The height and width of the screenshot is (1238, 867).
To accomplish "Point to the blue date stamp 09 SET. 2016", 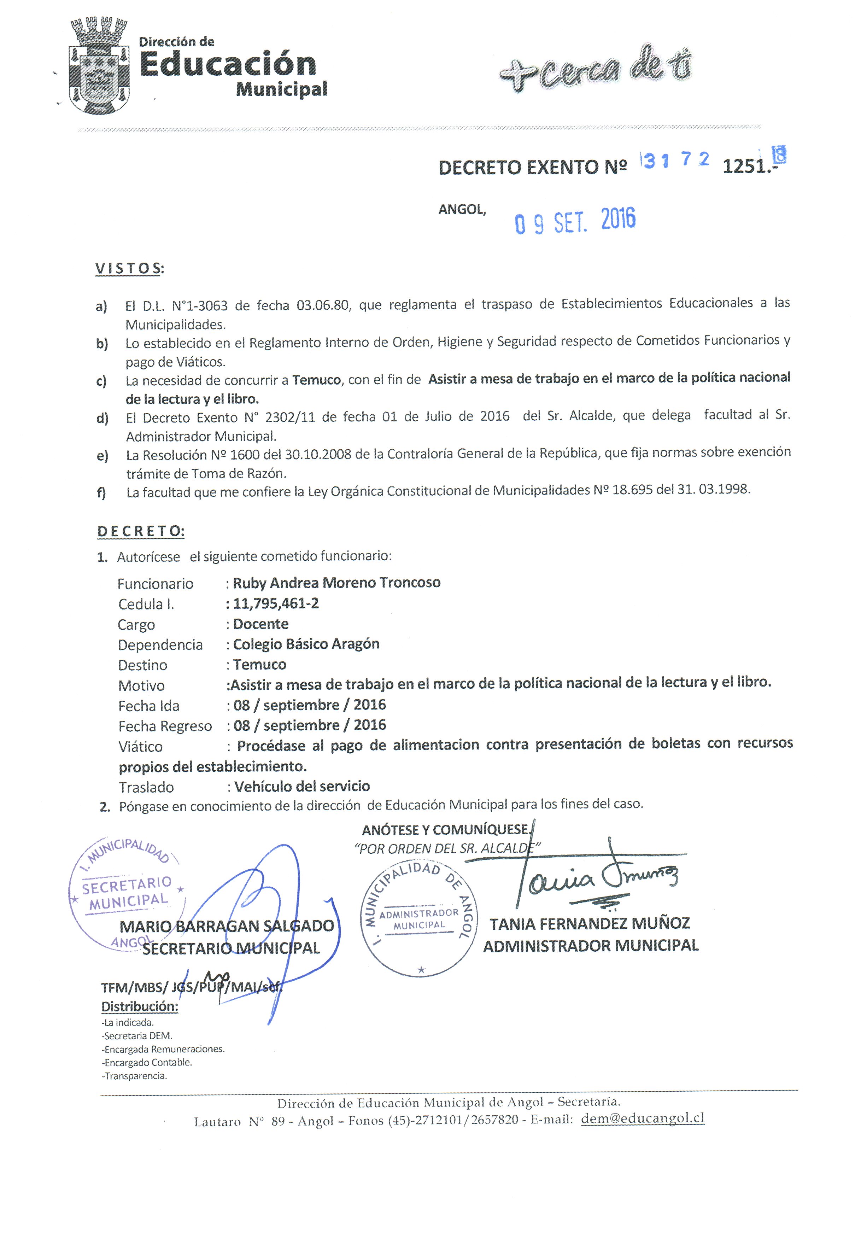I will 575,221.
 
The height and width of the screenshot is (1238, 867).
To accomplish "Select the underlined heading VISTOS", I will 128,269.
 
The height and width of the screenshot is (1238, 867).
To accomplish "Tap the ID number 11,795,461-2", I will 276,603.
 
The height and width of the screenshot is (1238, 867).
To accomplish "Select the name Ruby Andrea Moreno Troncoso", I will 336,583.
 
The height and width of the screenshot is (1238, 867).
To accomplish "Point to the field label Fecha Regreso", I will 165,726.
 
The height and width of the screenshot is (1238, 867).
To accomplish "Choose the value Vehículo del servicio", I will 302,787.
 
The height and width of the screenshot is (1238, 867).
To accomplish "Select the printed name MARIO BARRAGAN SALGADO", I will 227,926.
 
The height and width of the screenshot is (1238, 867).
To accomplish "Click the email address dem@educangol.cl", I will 642,1118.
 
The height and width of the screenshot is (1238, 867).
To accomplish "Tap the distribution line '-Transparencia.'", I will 135,1076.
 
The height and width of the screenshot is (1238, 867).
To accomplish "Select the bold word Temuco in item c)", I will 316,380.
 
